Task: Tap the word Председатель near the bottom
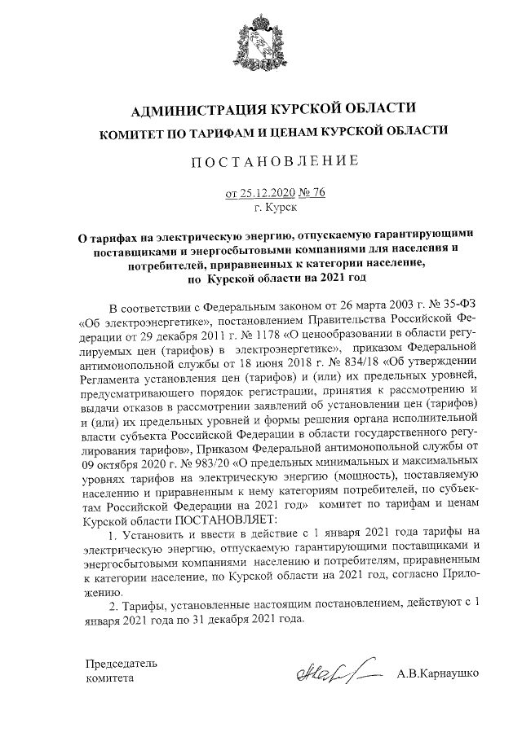tap(122, 662)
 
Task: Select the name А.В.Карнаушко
tap(438, 675)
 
